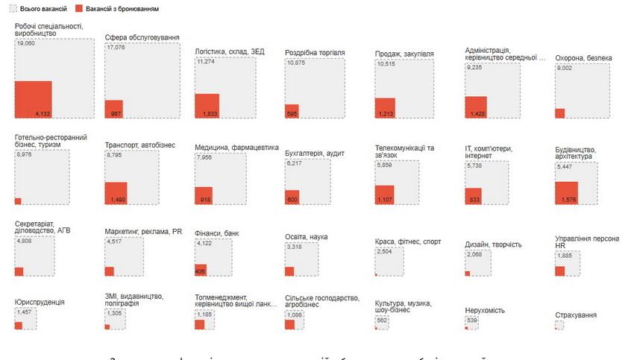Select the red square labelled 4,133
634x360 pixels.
pyautogui.click(x=33, y=99)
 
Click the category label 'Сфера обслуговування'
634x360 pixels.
pyautogui.click(x=142, y=37)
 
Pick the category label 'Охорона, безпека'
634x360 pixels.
pyautogui.click(x=583, y=58)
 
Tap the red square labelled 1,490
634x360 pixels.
pyautogui.click(x=116, y=193)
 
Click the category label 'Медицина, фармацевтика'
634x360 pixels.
pyautogui.click(x=236, y=147)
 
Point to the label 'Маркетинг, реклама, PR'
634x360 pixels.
pyautogui.click(x=143, y=231)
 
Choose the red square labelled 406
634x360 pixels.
pyautogui.click(x=200, y=271)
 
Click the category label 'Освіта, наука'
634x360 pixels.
pyautogui.click(x=306, y=237)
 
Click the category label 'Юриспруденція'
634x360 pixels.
pyautogui.click(x=40, y=302)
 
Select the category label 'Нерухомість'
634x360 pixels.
pyautogui.click(x=485, y=310)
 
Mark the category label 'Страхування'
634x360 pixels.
pyautogui.click(x=576, y=315)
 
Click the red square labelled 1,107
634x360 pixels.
pyautogui.click(x=384, y=195)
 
